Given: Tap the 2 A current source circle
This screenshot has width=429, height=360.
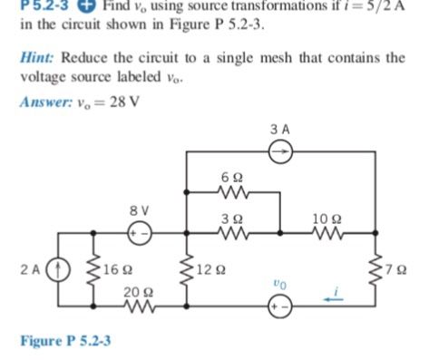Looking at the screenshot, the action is (62, 269).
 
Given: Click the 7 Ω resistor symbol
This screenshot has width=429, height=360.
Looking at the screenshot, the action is (378, 269).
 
